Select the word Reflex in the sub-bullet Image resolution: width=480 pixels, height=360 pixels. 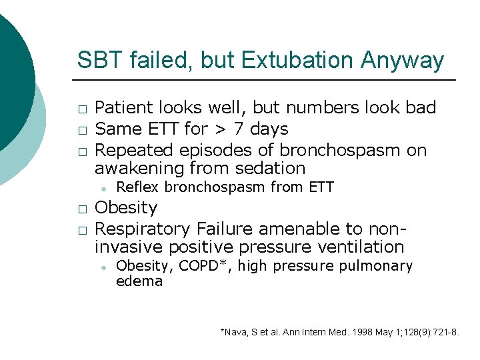[137, 187]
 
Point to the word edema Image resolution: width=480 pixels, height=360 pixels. [139, 281]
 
